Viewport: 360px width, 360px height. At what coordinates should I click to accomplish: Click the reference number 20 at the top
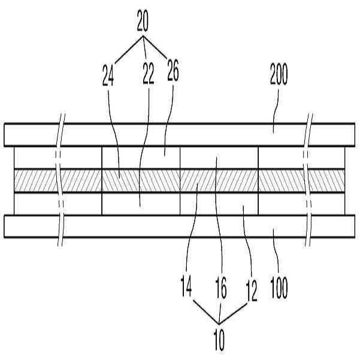click(x=143, y=20)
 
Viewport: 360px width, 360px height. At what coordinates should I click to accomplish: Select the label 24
click(x=108, y=75)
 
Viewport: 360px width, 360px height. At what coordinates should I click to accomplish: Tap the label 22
click(x=148, y=74)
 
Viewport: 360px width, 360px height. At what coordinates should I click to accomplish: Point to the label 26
click(x=173, y=70)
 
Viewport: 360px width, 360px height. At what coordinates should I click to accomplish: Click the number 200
click(x=279, y=74)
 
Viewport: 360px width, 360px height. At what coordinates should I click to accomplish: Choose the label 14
click(x=186, y=286)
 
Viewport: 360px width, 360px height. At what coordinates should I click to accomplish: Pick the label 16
click(x=221, y=288)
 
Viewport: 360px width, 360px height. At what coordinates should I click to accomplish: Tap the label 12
click(x=252, y=291)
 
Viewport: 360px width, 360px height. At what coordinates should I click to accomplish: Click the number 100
click(x=279, y=288)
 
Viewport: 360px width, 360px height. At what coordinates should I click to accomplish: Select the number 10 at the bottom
click(x=219, y=340)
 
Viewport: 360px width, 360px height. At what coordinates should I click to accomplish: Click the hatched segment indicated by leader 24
click(x=141, y=181)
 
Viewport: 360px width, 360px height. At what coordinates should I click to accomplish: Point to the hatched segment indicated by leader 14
click(x=219, y=181)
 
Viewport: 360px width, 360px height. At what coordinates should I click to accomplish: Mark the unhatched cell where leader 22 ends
click(x=141, y=204)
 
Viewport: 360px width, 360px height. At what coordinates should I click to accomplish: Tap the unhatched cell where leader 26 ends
click(x=141, y=158)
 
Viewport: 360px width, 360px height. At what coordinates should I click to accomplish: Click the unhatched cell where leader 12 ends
click(x=219, y=204)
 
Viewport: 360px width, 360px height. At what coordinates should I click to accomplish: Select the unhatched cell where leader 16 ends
click(x=219, y=158)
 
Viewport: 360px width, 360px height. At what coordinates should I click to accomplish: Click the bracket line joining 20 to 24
click(x=129, y=50)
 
